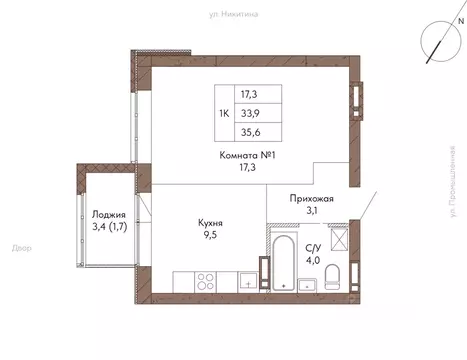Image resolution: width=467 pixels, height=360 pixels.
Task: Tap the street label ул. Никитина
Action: point(233,13)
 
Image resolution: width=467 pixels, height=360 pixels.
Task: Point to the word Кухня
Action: point(210,224)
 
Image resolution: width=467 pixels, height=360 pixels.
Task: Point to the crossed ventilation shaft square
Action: point(338,239)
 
